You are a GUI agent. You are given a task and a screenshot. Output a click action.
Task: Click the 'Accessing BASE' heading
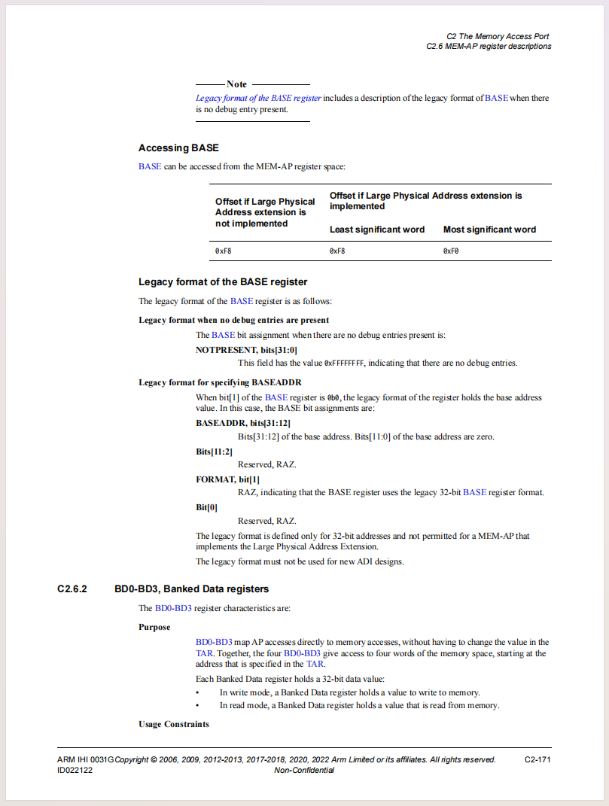tap(178, 148)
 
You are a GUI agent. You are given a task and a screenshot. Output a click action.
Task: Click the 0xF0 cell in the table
tap(451, 251)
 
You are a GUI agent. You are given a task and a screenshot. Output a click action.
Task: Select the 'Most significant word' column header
tap(489, 230)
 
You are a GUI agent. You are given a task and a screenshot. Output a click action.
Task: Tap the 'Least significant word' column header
tap(377, 230)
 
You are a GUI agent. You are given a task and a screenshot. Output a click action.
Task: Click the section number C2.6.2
tap(72, 589)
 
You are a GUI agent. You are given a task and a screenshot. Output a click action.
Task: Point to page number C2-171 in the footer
tap(537, 760)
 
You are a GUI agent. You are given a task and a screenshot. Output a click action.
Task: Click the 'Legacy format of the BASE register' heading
tap(223, 282)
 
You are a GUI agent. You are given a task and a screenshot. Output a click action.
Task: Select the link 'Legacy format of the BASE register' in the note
tap(258, 99)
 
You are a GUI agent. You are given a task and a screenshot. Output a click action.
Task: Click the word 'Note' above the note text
tap(236, 84)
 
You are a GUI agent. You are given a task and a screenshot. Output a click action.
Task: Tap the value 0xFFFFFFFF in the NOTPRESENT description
tap(344, 363)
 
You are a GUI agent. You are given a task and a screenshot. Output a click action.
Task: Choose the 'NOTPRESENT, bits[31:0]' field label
tap(247, 350)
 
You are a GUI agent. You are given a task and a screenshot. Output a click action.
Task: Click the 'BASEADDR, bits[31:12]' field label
tap(243, 423)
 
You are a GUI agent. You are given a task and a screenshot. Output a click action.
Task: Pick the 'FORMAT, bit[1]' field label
tap(227, 479)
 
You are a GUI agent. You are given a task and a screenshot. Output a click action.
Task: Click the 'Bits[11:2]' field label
tap(214, 452)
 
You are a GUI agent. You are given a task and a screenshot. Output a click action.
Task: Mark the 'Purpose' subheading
tap(154, 627)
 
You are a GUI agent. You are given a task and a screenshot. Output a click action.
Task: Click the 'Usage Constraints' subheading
tap(173, 724)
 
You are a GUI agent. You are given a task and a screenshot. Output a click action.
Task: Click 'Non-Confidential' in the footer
tap(304, 771)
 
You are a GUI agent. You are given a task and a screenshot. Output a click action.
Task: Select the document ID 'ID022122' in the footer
tap(75, 771)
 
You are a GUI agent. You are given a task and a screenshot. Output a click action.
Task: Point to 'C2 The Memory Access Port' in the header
tap(498, 36)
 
